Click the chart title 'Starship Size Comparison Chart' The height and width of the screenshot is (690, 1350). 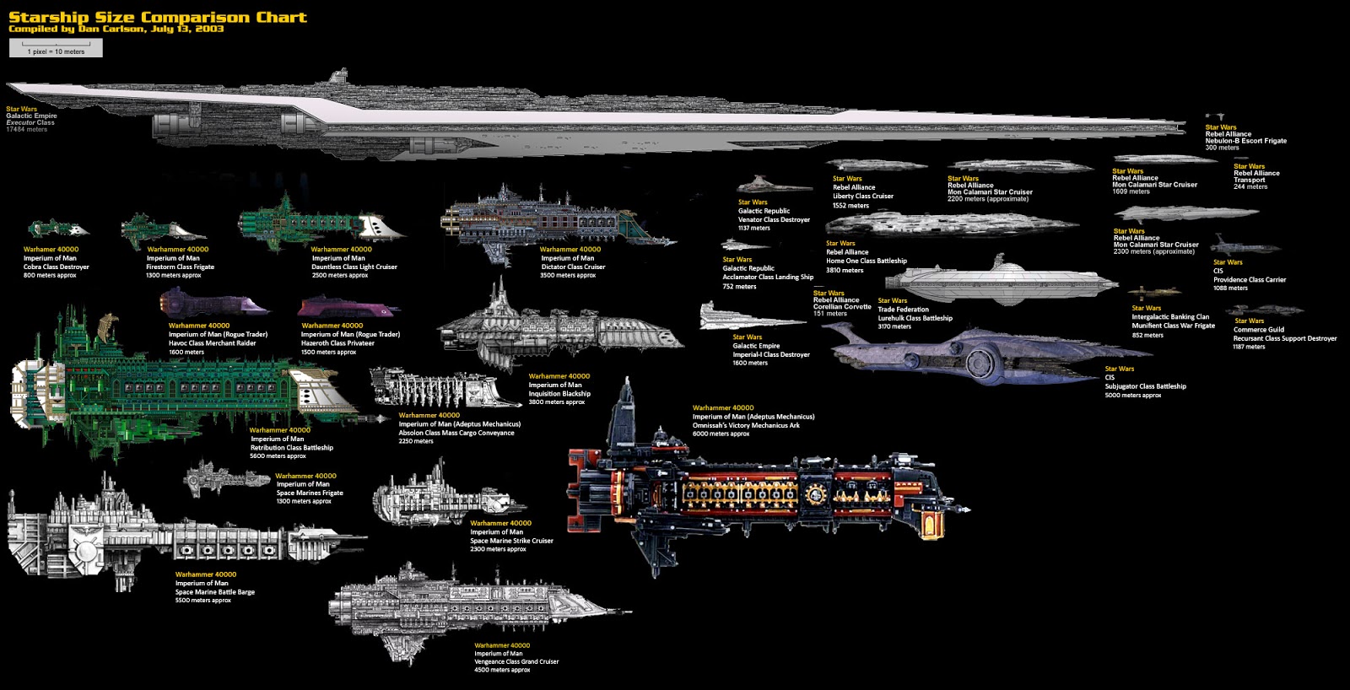[x=158, y=17]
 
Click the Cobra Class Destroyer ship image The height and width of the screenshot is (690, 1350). [x=57, y=229]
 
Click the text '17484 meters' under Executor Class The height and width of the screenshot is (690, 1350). [x=27, y=130]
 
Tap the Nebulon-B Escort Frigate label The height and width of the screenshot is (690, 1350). [x=1245, y=141]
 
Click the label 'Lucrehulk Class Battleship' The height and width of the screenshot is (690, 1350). [x=915, y=318]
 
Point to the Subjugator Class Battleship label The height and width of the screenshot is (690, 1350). [x=1145, y=386]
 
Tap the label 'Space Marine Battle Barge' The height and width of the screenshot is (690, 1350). [x=214, y=592]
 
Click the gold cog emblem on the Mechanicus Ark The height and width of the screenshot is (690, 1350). [x=815, y=494]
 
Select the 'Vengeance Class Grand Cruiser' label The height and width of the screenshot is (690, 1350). [x=516, y=661]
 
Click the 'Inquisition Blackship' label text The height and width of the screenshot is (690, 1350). [x=559, y=394]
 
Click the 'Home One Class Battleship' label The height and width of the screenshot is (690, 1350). [x=866, y=261]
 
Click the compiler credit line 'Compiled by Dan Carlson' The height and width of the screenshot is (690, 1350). [x=116, y=30]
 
